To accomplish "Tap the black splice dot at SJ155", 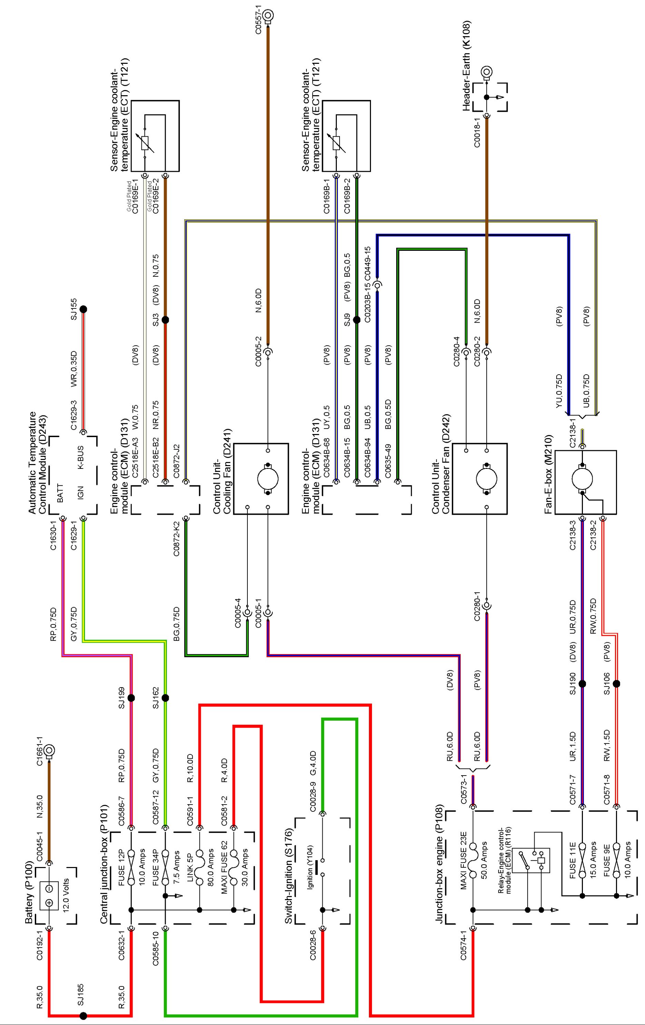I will [x=84, y=309].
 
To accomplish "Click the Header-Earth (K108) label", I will [x=467, y=66].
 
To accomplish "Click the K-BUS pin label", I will [x=80, y=457].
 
